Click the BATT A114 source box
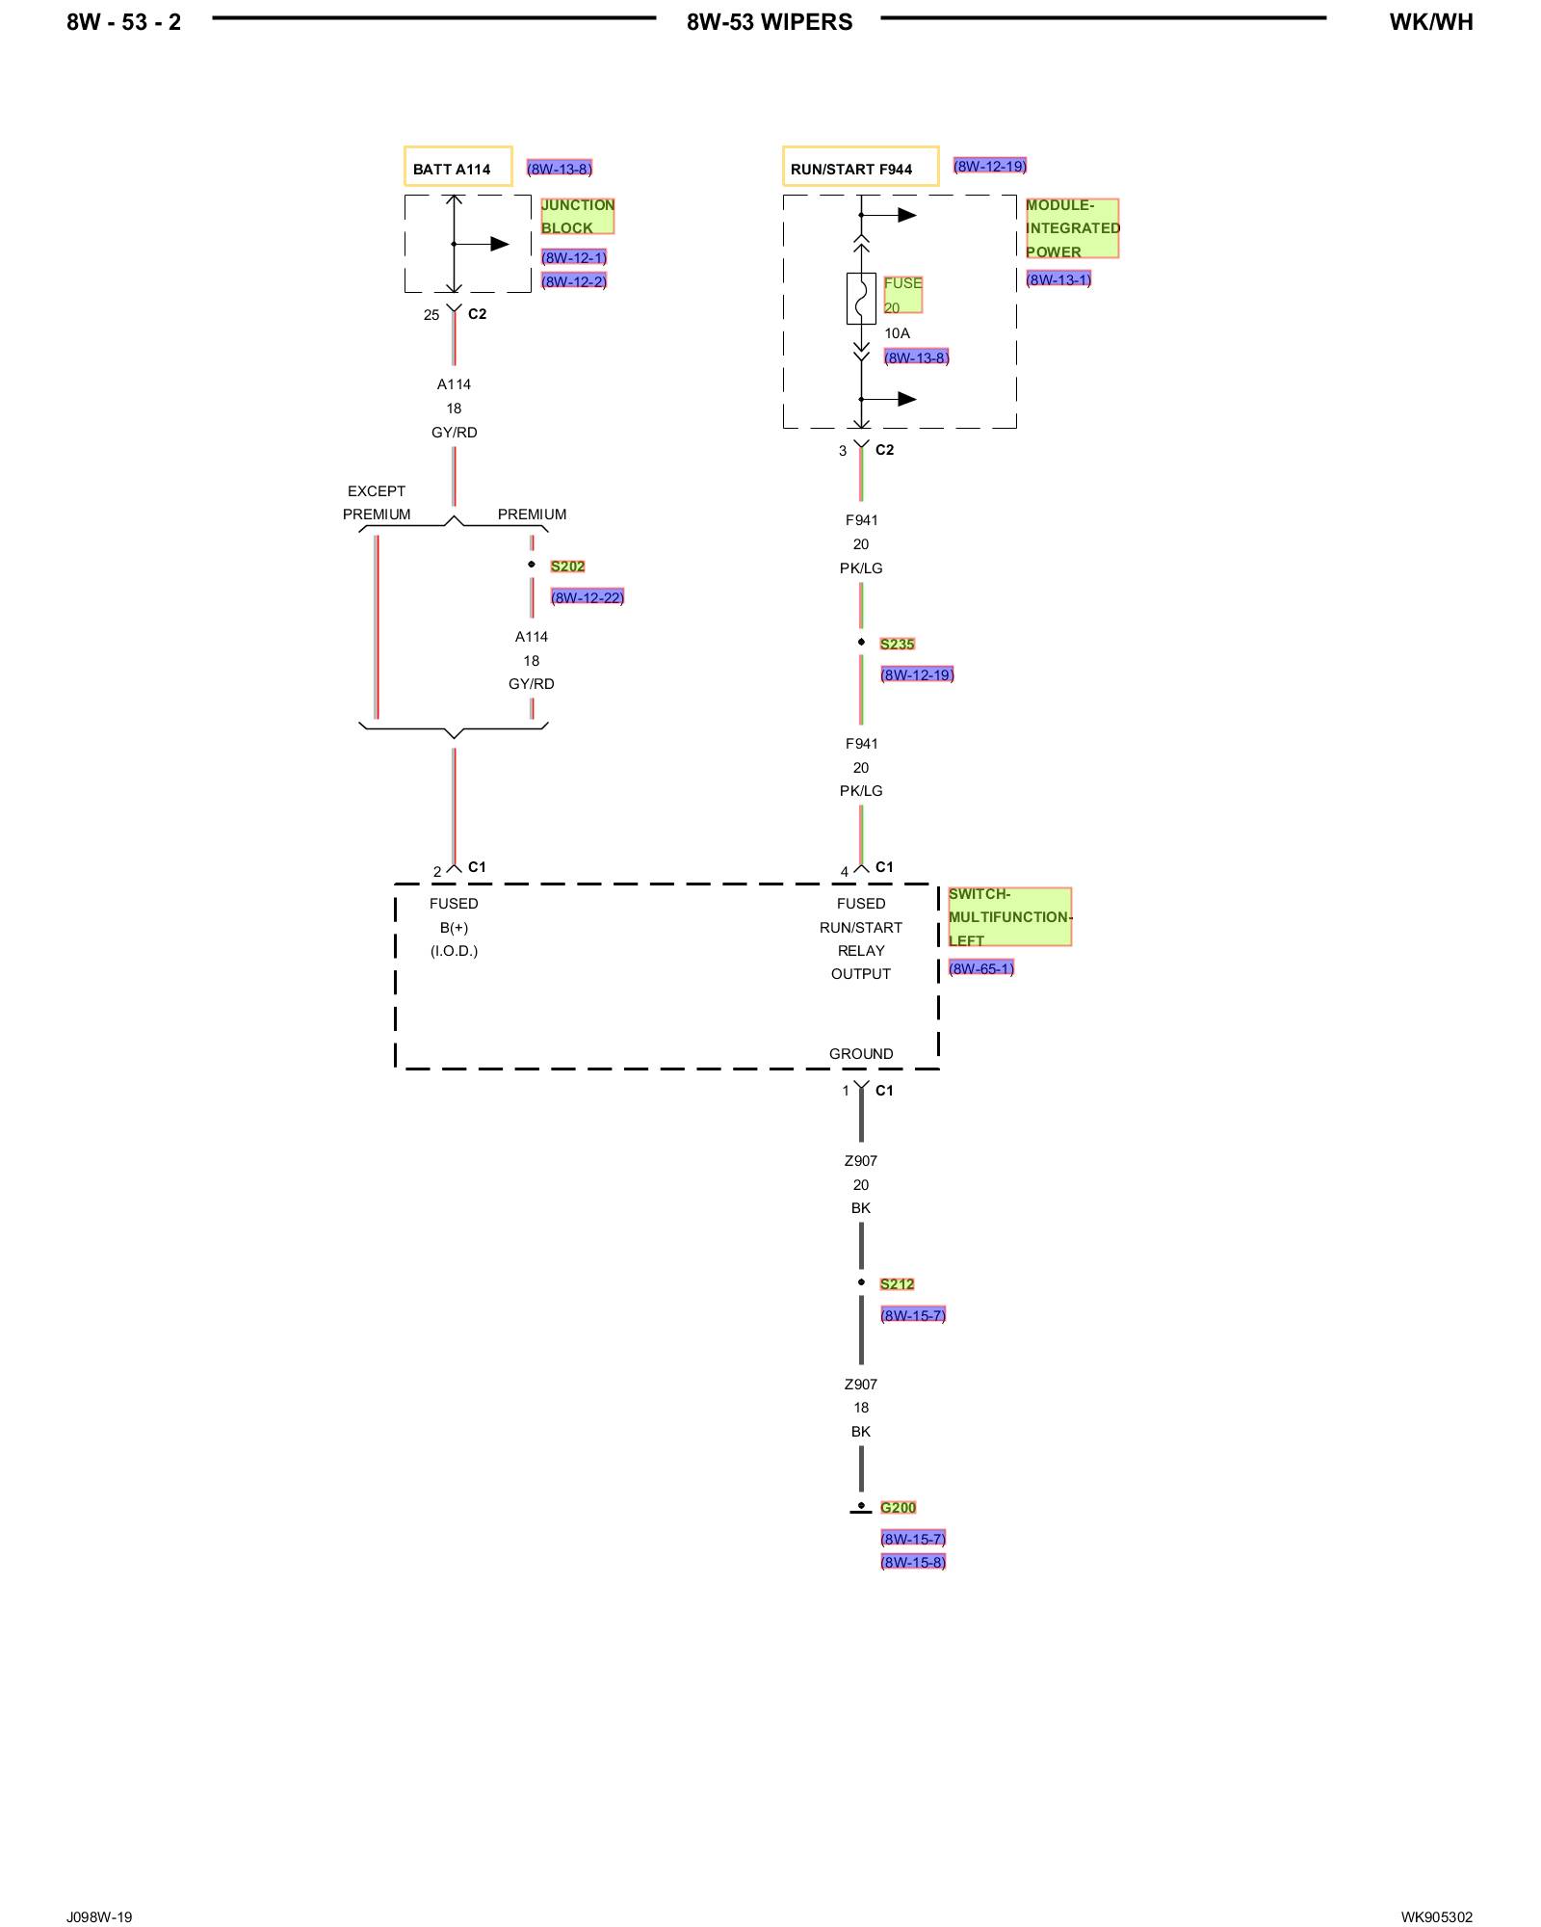tap(457, 167)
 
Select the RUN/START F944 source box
tap(859, 167)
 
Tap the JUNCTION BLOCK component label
tap(577, 216)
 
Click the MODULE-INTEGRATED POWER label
tap(1071, 228)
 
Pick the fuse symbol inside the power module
tap(861, 298)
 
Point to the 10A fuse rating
tap(897, 333)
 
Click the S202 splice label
tap(567, 567)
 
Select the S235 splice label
tap(897, 644)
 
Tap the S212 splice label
tap(897, 1283)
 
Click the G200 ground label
tap(898, 1507)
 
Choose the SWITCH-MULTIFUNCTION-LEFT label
tap(1008, 916)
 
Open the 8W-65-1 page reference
tap(980, 967)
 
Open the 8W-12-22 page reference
tap(587, 597)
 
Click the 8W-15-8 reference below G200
tap(912, 1562)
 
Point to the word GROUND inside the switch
tap(861, 1053)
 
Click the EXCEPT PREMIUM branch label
tap(377, 502)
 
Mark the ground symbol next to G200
tap(861, 1509)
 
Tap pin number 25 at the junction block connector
tap(431, 315)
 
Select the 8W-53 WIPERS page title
tap(770, 22)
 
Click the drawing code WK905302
tap(1436, 1916)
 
